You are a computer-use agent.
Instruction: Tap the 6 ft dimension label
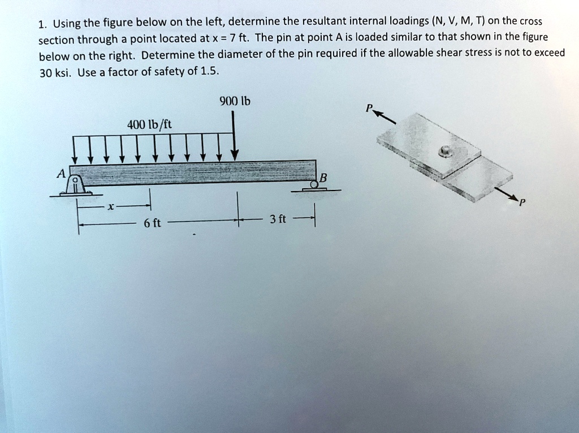(x=152, y=223)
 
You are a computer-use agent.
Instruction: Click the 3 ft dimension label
(x=279, y=219)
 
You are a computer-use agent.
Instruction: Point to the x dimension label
(x=111, y=207)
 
